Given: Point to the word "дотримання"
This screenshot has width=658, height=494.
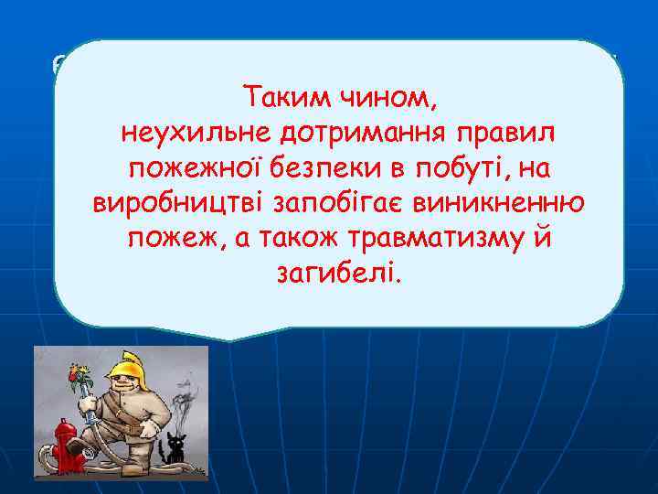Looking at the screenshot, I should [x=343, y=134].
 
